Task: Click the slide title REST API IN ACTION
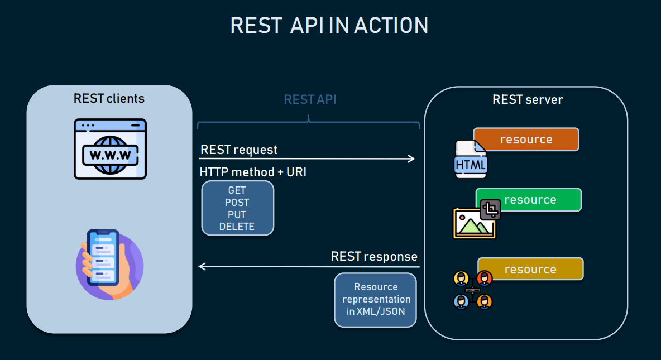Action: pyautogui.click(x=329, y=26)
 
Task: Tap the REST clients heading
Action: pyautogui.click(x=109, y=99)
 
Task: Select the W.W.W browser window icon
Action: pyautogui.click(x=110, y=148)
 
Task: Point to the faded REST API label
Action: pyautogui.click(x=310, y=100)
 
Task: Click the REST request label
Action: pyautogui.click(x=238, y=150)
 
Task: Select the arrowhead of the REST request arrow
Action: pyautogui.click(x=412, y=159)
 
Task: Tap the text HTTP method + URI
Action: pyautogui.click(x=253, y=172)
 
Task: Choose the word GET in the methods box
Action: pyautogui.click(x=237, y=190)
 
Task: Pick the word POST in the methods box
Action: pyautogui.click(x=237, y=203)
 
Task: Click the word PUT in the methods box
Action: pyautogui.click(x=237, y=215)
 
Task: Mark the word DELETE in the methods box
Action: pyautogui.click(x=237, y=227)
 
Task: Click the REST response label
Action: pyautogui.click(x=374, y=257)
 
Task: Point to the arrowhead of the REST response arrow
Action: pyautogui.click(x=202, y=267)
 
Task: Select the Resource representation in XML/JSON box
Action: pyautogui.click(x=376, y=299)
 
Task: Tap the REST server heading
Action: pyautogui.click(x=527, y=100)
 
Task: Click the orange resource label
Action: pyautogui.click(x=526, y=140)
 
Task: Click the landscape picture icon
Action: pyautogui.click(x=473, y=223)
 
